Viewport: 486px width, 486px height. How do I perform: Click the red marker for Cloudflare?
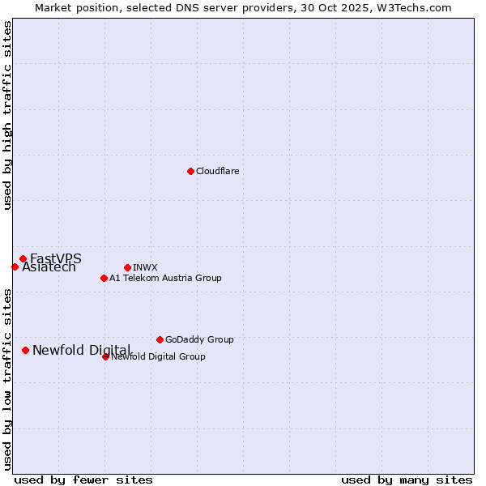pos(190,171)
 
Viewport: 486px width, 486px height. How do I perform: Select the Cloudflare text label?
pos(218,171)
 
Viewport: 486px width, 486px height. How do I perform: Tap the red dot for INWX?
pos(127,267)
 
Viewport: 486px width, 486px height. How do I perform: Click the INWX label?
pos(145,267)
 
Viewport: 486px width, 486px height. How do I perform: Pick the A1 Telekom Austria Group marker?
pos(104,278)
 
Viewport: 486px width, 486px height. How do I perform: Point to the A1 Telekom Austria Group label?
pos(165,278)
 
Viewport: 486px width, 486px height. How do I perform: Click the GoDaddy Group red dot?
pos(160,339)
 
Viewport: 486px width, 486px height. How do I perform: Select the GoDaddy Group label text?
pos(199,339)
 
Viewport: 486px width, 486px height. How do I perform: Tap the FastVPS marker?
pos(23,258)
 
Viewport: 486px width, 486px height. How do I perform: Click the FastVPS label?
pos(56,258)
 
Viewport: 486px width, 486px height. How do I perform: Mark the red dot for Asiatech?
pos(15,266)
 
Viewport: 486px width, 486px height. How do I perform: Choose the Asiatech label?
pos(49,267)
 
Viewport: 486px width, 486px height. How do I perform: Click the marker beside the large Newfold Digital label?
pos(25,350)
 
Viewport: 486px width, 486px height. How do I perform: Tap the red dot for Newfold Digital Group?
pos(105,356)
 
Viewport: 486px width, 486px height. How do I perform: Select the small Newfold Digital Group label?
pos(158,356)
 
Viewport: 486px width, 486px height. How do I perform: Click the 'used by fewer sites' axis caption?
pos(83,480)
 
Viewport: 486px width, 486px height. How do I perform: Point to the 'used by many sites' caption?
pos(407,480)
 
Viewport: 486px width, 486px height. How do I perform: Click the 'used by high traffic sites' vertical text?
pos(8,115)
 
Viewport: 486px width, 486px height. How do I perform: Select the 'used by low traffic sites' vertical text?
pos(8,380)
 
